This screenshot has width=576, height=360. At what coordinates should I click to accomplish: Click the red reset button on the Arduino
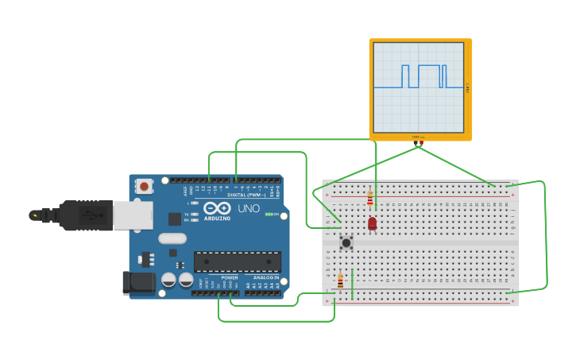tap(144, 186)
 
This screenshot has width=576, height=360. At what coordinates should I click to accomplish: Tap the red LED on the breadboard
tap(372, 224)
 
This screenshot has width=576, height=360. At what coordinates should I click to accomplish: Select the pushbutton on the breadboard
tap(346, 242)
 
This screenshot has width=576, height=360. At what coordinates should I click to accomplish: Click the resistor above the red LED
tap(369, 199)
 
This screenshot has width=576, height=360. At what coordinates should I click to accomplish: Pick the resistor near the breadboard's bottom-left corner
tap(341, 281)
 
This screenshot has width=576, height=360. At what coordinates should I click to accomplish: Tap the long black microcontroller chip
tap(238, 261)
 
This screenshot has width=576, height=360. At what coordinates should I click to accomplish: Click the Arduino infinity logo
tap(217, 207)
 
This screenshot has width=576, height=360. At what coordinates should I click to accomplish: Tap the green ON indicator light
tap(268, 215)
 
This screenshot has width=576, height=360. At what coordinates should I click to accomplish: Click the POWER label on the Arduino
tap(230, 277)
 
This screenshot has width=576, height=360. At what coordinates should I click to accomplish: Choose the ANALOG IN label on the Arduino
tap(266, 277)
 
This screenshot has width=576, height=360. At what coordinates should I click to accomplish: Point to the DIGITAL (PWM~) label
tap(247, 195)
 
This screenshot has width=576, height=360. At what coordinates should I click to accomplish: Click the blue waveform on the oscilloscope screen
tap(419, 76)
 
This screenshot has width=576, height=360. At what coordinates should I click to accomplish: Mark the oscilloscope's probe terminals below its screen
tap(418, 142)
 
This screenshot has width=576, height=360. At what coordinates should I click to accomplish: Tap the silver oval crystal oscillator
tap(172, 238)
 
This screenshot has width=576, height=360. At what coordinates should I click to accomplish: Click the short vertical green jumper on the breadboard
tap(352, 284)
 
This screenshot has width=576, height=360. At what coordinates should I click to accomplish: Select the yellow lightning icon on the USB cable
tap(34, 215)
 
